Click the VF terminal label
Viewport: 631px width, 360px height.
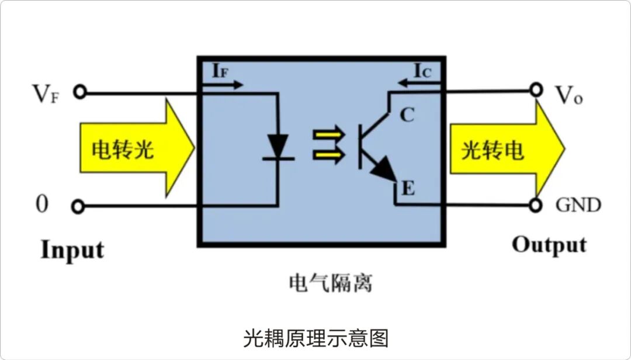(x=47, y=94)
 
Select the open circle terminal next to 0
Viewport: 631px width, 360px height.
(x=79, y=206)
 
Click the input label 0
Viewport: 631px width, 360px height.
(x=42, y=205)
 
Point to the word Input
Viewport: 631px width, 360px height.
(x=72, y=250)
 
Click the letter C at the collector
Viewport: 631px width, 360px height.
(x=407, y=116)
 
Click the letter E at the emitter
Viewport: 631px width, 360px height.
(x=408, y=189)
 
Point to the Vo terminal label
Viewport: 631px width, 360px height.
(x=568, y=95)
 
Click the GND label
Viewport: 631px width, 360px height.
(x=578, y=206)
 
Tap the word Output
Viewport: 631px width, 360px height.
(x=549, y=245)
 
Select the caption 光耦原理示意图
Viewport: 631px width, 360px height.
(x=315, y=338)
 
